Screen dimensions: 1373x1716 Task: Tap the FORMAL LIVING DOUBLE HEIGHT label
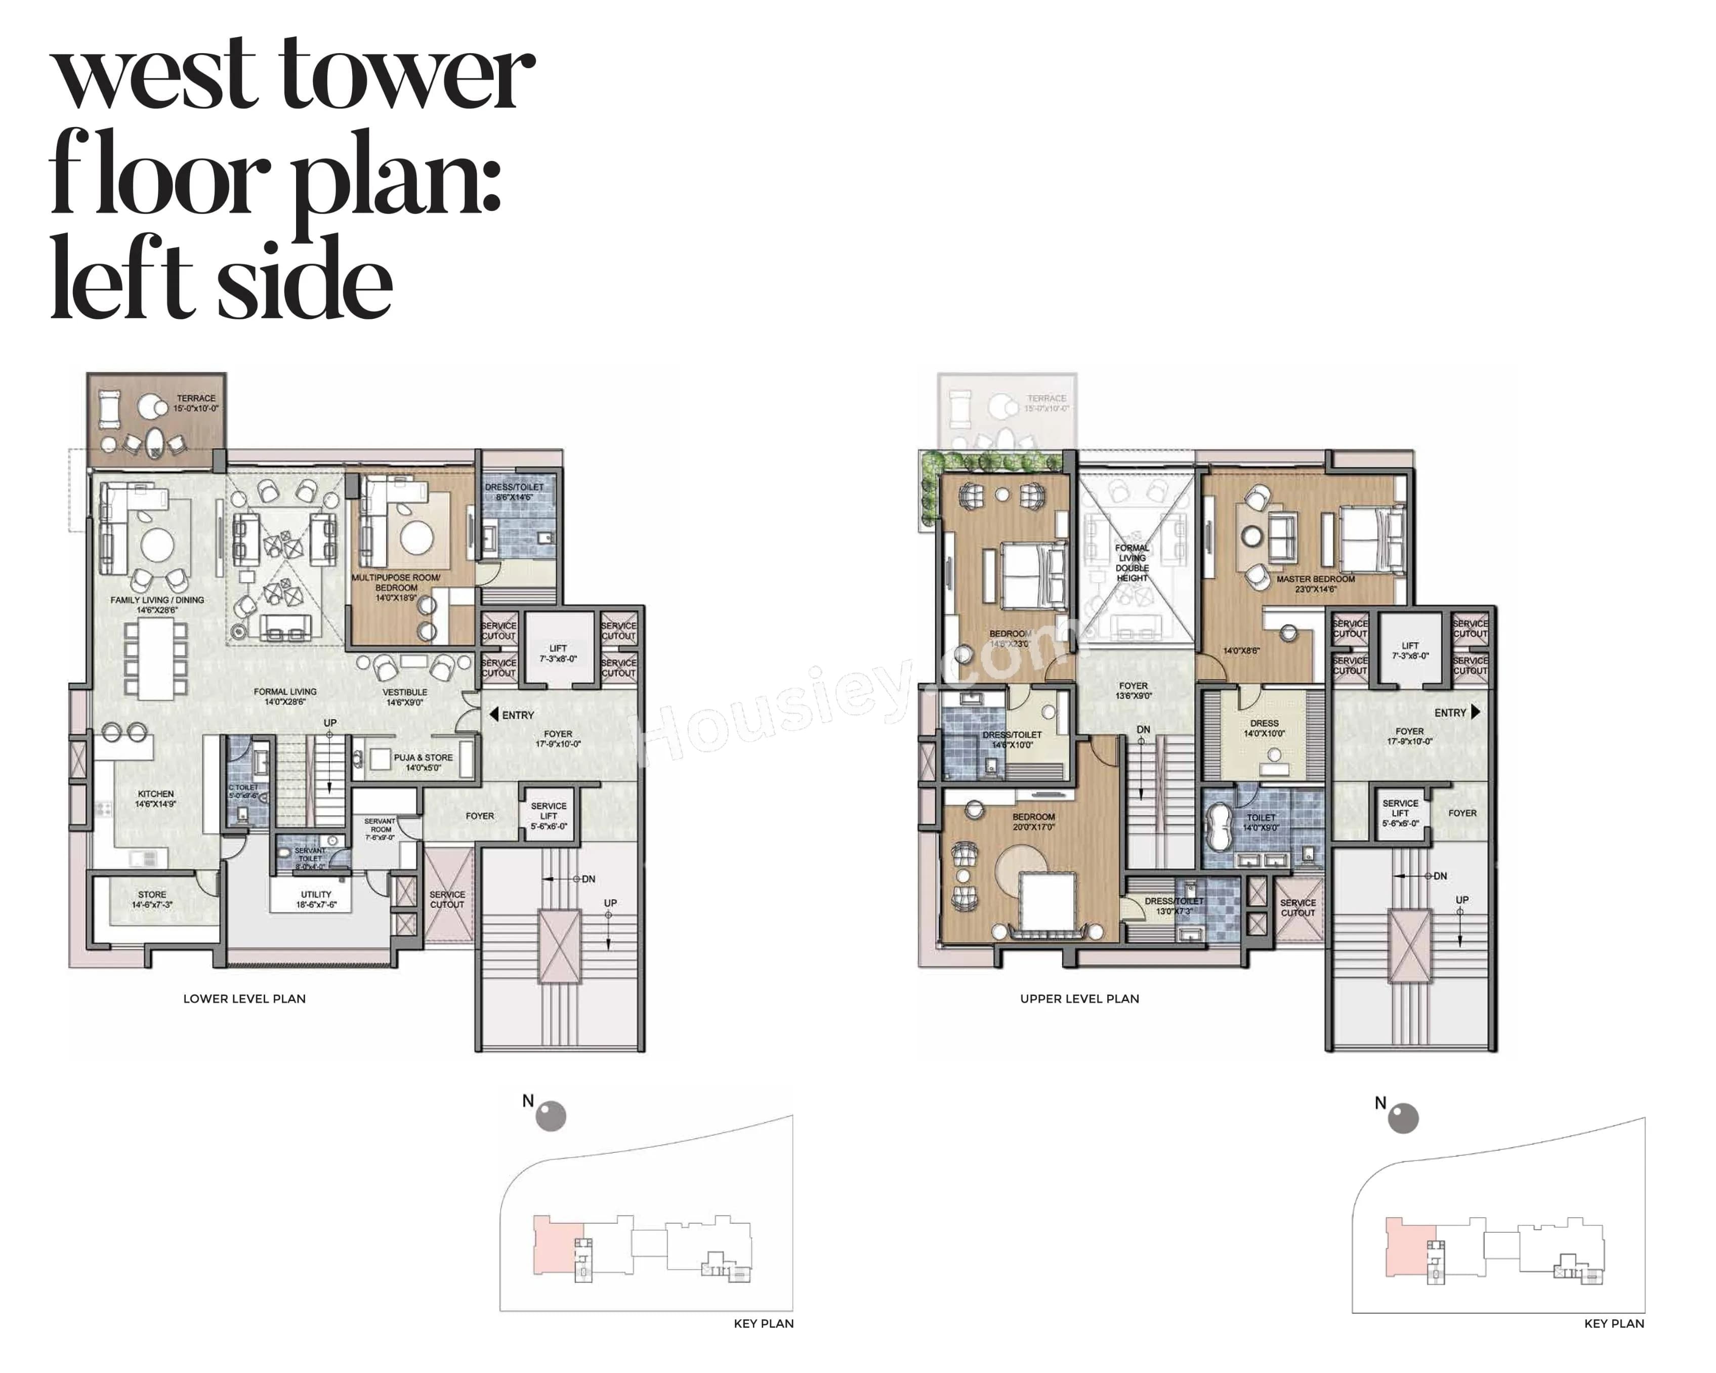tap(1132, 563)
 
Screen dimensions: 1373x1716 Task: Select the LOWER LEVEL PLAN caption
tap(244, 998)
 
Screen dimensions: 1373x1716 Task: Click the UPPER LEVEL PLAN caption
tap(1079, 998)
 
